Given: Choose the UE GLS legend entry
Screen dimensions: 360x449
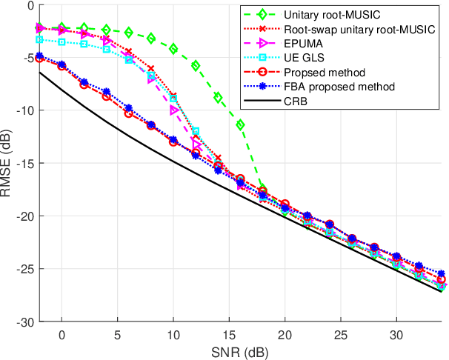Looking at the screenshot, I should tap(302, 57).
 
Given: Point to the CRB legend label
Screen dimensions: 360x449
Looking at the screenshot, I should tap(296, 101).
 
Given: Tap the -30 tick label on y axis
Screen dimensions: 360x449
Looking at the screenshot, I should tap(24, 322).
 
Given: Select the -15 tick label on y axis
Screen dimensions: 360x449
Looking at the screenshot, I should tap(24, 164).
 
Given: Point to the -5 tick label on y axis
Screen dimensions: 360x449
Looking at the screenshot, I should tap(27, 58).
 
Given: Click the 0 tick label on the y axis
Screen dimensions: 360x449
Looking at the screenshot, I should tap(30, 5).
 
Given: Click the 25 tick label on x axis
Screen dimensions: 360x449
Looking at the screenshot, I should tap(341, 333).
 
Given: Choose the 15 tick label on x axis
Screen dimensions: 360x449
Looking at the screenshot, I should tap(229, 333).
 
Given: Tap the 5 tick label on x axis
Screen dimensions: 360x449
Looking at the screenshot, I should tap(117, 333).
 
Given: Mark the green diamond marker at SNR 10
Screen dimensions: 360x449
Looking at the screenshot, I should tap(173, 49).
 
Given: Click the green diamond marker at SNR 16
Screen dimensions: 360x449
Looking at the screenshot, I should tap(240, 124).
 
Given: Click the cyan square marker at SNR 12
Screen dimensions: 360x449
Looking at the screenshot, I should tap(196, 131).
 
